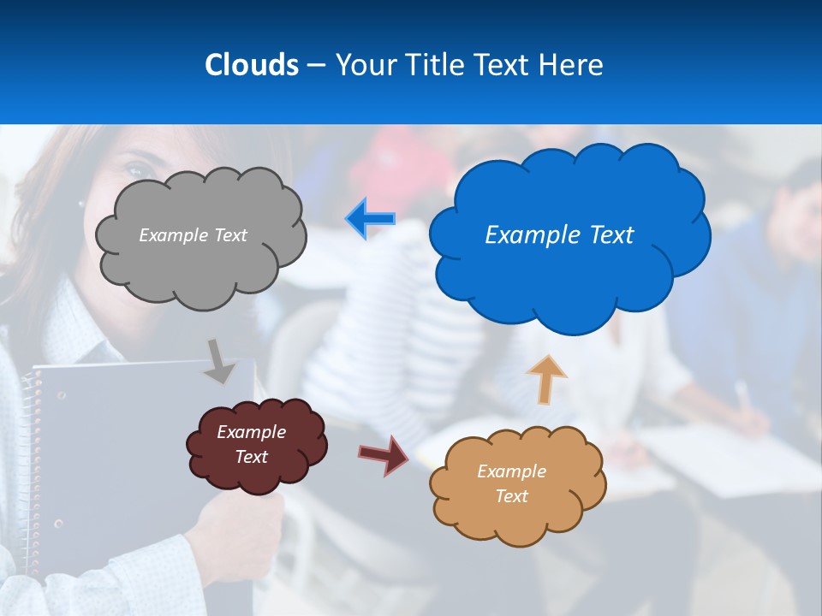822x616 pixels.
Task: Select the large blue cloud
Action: [x=565, y=274]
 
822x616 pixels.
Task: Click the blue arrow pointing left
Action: [x=371, y=219]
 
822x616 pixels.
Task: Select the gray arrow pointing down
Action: [x=219, y=361]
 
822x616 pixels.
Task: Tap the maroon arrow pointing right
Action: [x=384, y=454]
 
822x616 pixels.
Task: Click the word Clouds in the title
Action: [x=251, y=64]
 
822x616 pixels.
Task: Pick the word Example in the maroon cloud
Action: [x=251, y=432]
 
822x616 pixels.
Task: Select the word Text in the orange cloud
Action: [x=511, y=496]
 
